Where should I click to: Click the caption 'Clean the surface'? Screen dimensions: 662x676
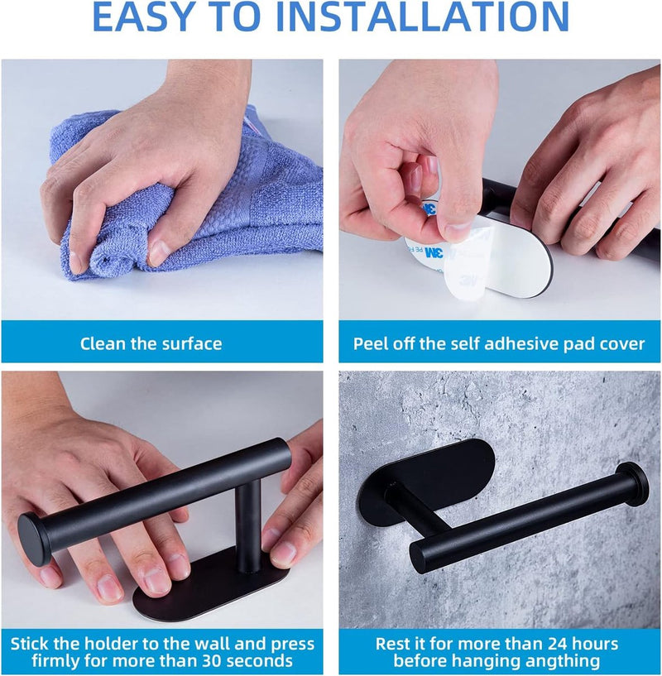tap(151, 343)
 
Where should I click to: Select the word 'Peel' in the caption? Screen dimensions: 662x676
tap(370, 343)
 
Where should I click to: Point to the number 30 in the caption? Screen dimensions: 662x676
tap(209, 660)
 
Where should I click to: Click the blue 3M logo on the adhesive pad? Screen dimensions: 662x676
tap(434, 253)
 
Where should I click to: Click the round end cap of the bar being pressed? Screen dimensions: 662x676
tap(34, 539)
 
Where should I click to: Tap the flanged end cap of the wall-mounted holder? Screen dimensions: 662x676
tap(632, 482)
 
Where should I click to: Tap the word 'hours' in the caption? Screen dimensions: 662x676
tap(598, 644)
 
